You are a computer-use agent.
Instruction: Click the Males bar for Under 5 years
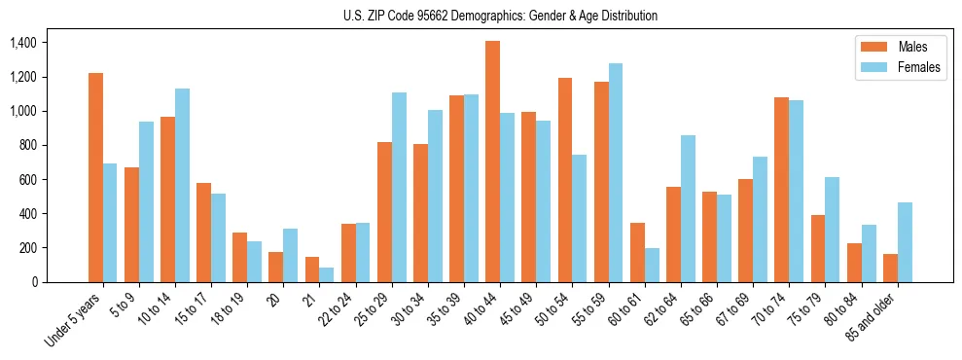pyautogui.click(x=95, y=177)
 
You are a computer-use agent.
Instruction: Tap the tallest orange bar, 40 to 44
pyautogui.click(x=492, y=162)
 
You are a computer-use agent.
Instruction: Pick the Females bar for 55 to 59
pyautogui.click(x=616, y=172)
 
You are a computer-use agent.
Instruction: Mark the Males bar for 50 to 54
pyautogui.click(x=564, y=180)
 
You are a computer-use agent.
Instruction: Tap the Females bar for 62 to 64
pyautogui.click(x=688, y=208)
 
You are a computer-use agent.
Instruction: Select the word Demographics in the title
pyautogui.click(x=483, y=16)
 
